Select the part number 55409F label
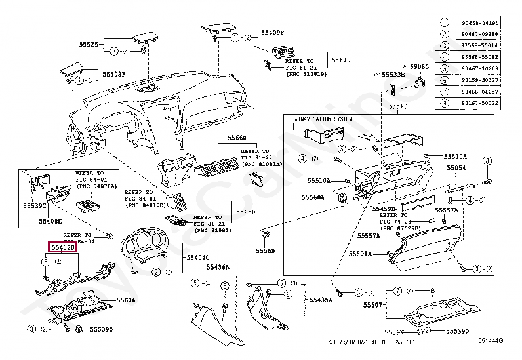[x=272, y=32]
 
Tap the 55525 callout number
[x=89, y=45]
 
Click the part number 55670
[x=340, y=60]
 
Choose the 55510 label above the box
[x=397, y=106]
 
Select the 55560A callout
[x=313, y=197]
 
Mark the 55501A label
[x=360, y=253]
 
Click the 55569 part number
[x=266, y=250]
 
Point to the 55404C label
[x=197, y=258]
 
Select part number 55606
[x=126, y=300]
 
